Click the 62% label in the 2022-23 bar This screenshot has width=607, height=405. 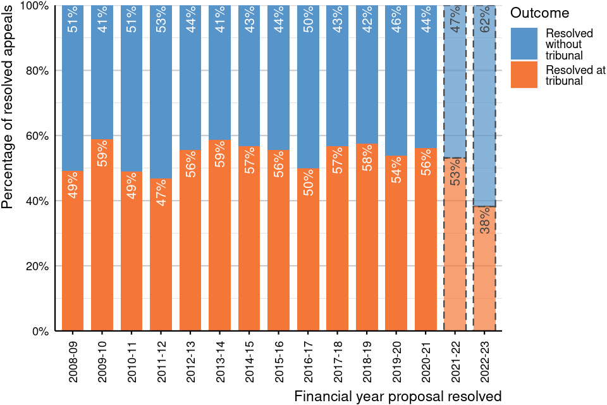[x=485, y=20]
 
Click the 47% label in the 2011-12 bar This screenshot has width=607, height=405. [x=161, y=193]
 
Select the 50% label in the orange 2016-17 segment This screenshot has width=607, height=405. [x=309, y=183]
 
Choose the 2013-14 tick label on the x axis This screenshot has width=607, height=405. [x=220, y=362]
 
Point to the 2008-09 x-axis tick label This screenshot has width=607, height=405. [x=73, y=362]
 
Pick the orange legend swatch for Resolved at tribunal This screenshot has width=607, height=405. [x=524, y=75]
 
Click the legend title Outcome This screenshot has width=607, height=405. [x=540, y=13]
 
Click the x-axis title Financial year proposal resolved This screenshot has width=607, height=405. [x=398, y=397]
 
